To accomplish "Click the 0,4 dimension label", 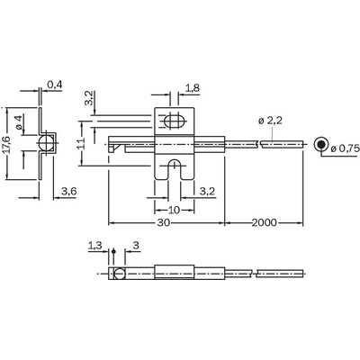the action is (55, 85).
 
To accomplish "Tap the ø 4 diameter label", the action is (18, 122).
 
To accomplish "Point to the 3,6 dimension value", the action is (69, 191).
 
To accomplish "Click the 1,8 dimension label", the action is (193, 88).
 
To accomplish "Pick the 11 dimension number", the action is (81, 143).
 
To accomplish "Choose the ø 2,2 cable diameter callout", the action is (270, 121).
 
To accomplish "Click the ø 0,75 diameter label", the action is (345, 148).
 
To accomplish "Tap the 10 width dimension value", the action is (174, 210).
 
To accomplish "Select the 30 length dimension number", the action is (164, 222).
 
